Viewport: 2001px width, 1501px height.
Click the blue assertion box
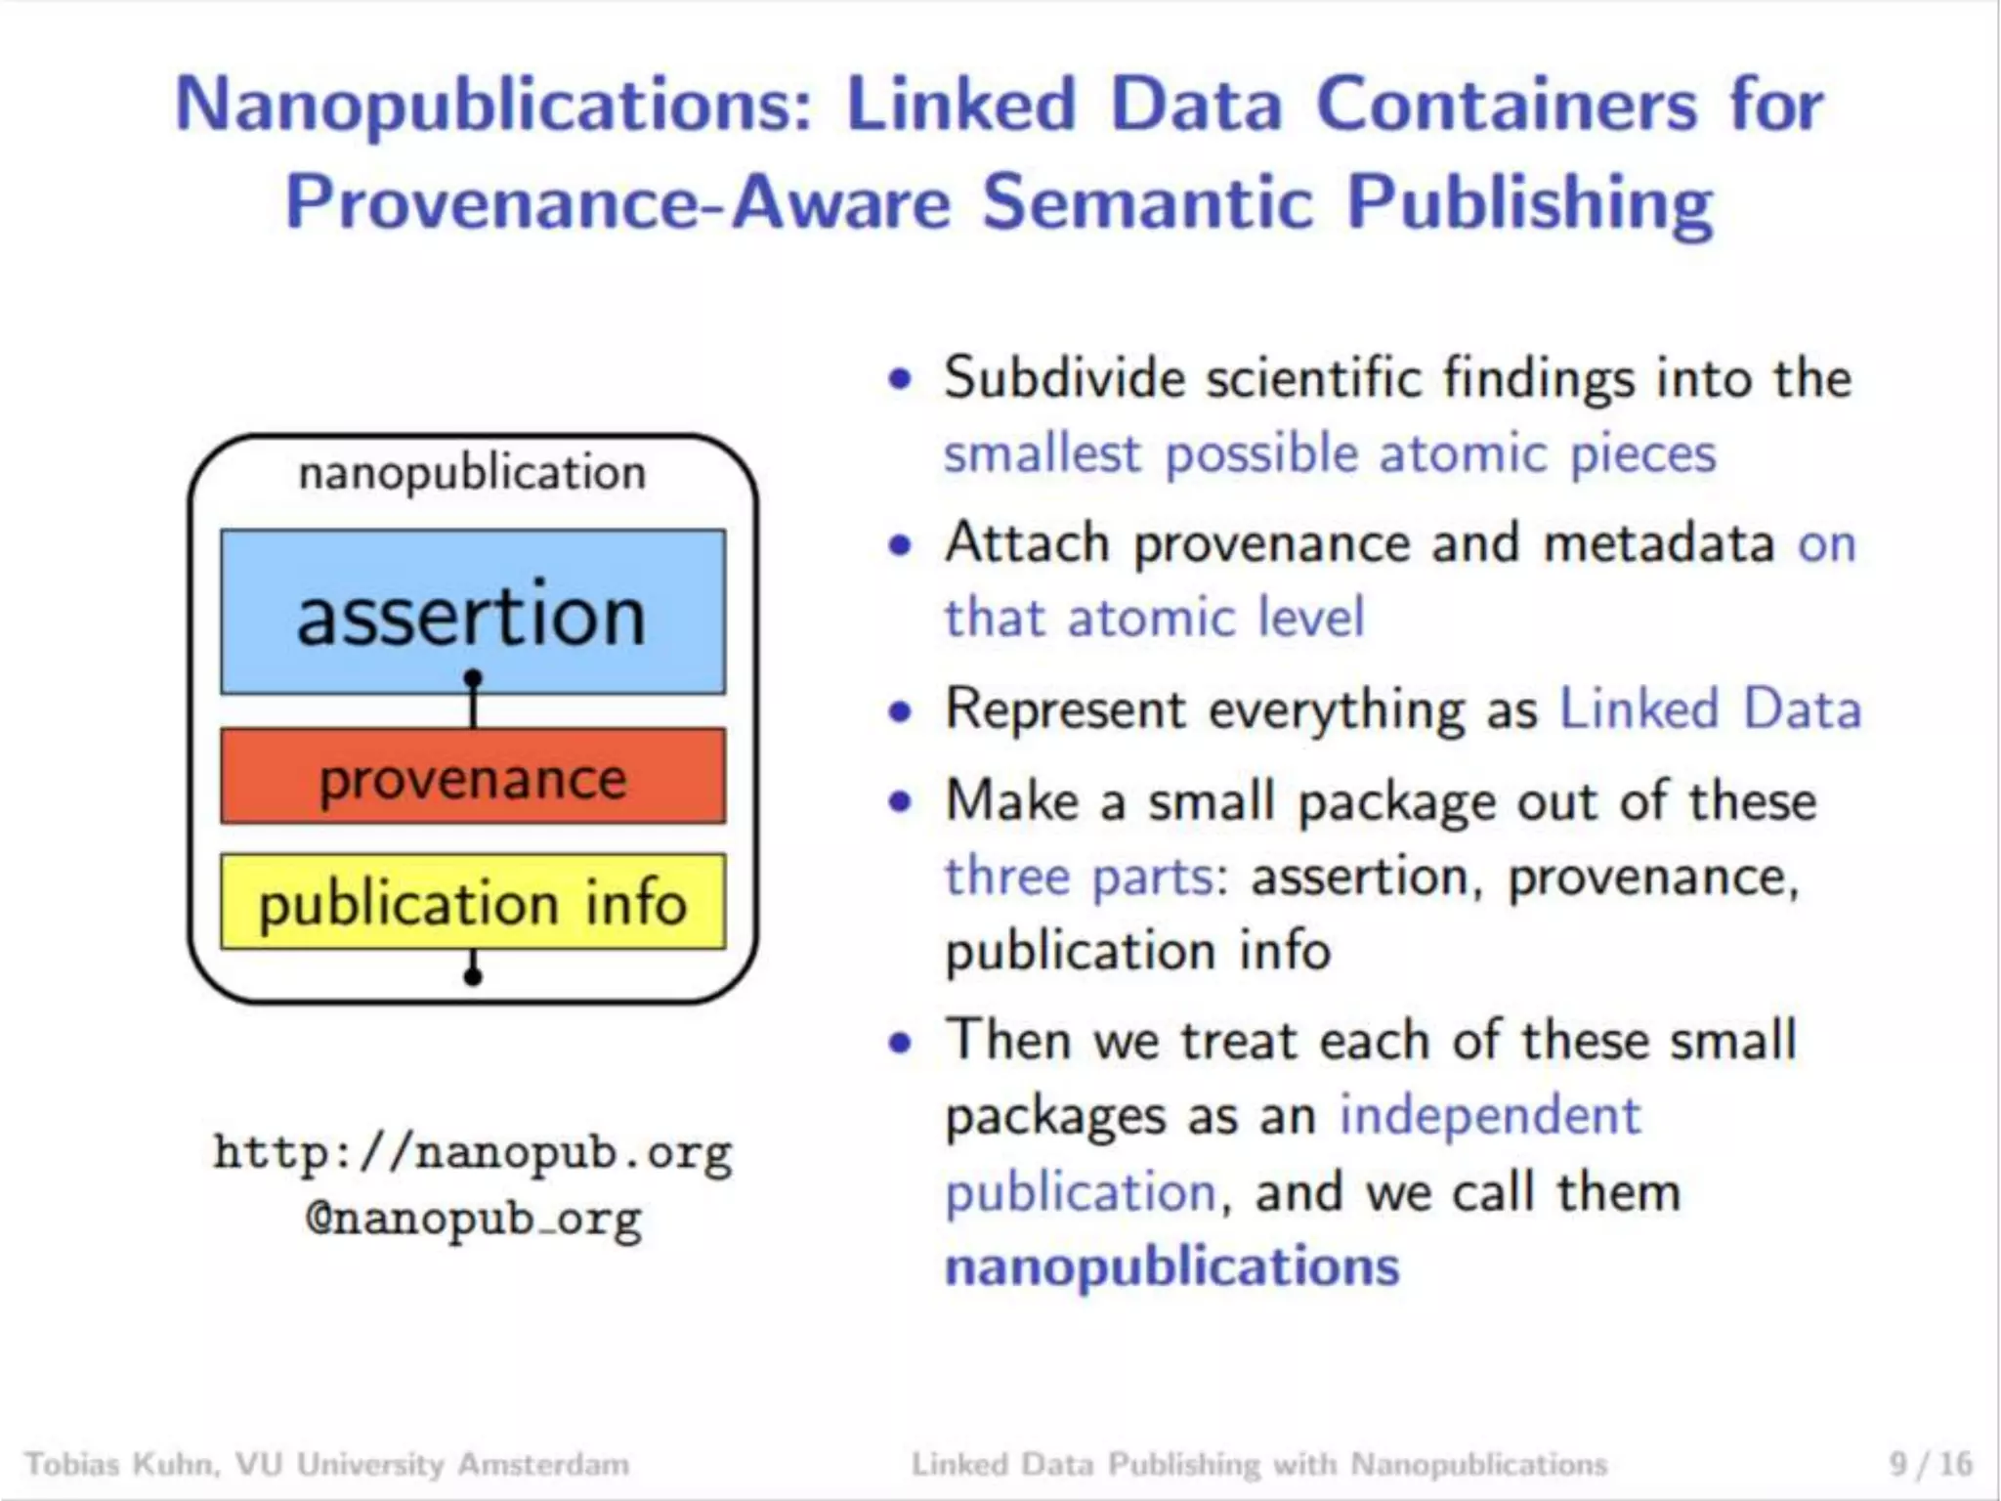coord(473,612)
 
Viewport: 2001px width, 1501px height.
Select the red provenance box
coord(473,777)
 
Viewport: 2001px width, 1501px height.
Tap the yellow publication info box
coord(473,902)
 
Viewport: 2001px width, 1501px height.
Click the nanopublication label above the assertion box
coord(473,474)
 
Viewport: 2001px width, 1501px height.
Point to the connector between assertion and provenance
coord(474,701)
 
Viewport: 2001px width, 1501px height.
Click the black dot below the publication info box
coord(473,975)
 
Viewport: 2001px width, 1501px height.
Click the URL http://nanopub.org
coord(473,1153)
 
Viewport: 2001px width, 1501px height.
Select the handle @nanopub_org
coord(473,1220)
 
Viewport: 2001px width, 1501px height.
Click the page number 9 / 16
coord(1931,1464)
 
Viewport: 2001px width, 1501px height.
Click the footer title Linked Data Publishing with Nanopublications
coord(1259,1464)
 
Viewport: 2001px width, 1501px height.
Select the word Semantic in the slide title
coord(1147,203)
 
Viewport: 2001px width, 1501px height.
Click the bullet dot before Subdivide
coord(900,379)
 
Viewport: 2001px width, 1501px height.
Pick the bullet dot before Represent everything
coord(900,710)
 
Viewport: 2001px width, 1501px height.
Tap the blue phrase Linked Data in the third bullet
coord(1710,708)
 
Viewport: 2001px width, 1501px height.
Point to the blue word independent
coord(1490,1116)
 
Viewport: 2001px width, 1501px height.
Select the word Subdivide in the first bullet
coord(1064,378)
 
